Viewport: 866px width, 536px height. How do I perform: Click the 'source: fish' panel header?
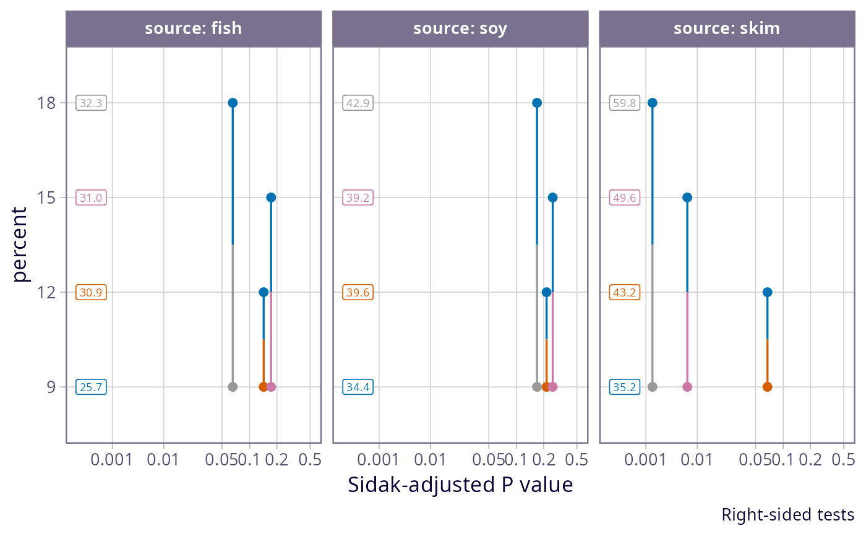tap(193, 28)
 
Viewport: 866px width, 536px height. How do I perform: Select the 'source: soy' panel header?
tap(460, 28)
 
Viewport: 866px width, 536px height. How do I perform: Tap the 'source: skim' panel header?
tap(727, 28)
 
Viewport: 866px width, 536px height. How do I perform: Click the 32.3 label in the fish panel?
tap(91, 103)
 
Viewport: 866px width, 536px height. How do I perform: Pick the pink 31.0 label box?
tap(91, 198)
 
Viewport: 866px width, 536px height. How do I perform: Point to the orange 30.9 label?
tap(91, 293)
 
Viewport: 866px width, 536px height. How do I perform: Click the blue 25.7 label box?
tap(91, 387)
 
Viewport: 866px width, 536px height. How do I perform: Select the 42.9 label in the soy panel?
tap(358, 103)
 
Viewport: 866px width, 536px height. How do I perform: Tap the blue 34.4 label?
tap(358, 387)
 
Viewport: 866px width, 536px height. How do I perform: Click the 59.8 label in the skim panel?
tap(625, 103)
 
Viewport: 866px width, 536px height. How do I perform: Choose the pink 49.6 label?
tap(625, 198)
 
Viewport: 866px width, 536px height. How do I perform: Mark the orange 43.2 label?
tap(625, 293)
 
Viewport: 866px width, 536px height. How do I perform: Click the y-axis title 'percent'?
tap(22, 244)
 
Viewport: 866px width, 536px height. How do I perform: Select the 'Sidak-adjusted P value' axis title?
tap(460, 485)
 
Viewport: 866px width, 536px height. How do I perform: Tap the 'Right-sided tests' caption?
tap(787, 515)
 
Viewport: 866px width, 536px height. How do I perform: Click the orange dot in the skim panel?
tap(767, 387)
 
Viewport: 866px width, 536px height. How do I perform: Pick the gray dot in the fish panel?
tap(233, 387)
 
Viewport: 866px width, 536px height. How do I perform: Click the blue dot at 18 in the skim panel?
tap(652, 103)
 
